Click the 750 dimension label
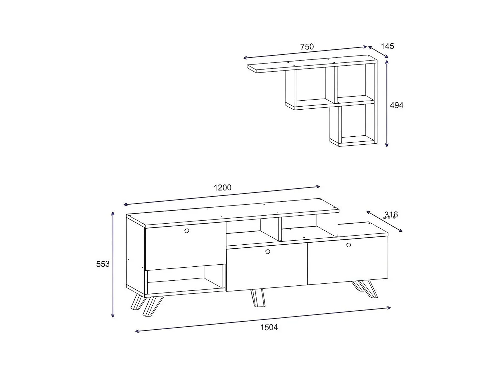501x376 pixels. click(307, 47)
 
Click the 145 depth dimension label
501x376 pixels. click(387, 46)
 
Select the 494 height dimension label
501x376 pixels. click(396, 105)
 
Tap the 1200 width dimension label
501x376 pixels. click(222, 187)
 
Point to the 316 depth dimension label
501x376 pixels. click(391, 215)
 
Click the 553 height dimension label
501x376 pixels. click(103, 264)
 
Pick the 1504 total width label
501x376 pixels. click(269, 327)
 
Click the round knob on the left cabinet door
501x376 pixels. click(186, 231)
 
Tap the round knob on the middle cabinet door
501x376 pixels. click(267, 252)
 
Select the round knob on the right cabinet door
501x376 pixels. click(349, 245)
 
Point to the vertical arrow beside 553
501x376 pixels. click(113, 264)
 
